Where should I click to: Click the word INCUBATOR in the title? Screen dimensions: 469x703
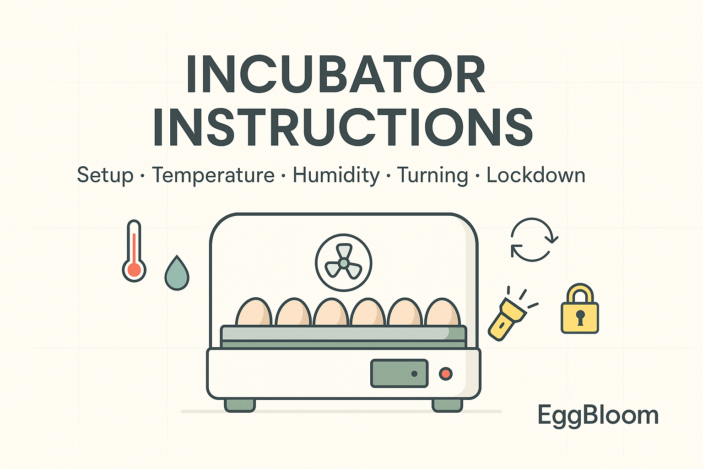[335, 75]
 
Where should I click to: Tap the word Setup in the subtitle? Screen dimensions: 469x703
[105, 175]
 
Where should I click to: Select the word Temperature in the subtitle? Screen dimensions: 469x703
[213, 175]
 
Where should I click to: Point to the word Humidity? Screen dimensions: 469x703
[336, 175]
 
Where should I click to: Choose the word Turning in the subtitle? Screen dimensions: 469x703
[433, 175]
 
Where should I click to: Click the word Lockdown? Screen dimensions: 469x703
[536, 175]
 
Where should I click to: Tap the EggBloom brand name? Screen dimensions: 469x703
[598, 415]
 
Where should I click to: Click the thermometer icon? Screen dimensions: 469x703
[134, 251]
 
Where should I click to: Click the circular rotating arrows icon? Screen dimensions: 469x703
[534, 240]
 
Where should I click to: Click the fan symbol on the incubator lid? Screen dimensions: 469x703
[343, 263]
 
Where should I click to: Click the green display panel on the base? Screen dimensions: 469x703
[399, 373]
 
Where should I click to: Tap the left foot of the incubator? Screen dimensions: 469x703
[240, 405]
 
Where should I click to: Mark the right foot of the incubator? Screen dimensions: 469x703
[447, 405]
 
